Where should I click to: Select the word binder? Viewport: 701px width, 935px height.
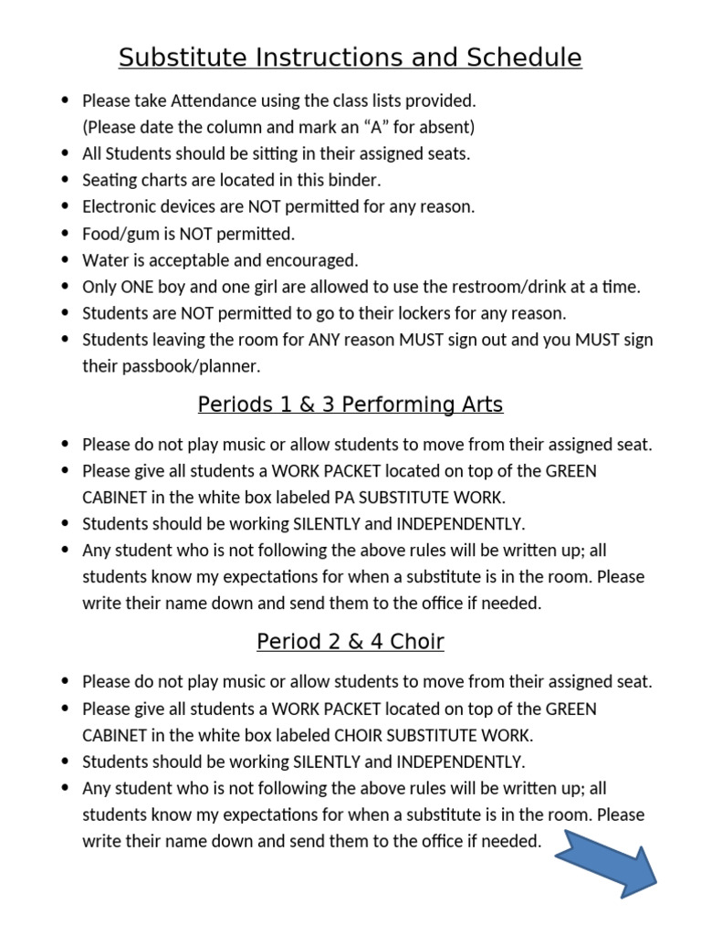[x=354, y=180]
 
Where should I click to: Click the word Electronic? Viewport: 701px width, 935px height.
[x=120, y=206]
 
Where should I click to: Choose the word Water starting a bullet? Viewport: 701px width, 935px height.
[x=104, y=260]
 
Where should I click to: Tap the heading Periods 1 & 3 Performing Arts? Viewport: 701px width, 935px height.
[x=350, y=404]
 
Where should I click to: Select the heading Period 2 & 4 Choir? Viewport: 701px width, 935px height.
[x=350, y=642]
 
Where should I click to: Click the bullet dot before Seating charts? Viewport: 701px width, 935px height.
[x=64, y=180]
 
